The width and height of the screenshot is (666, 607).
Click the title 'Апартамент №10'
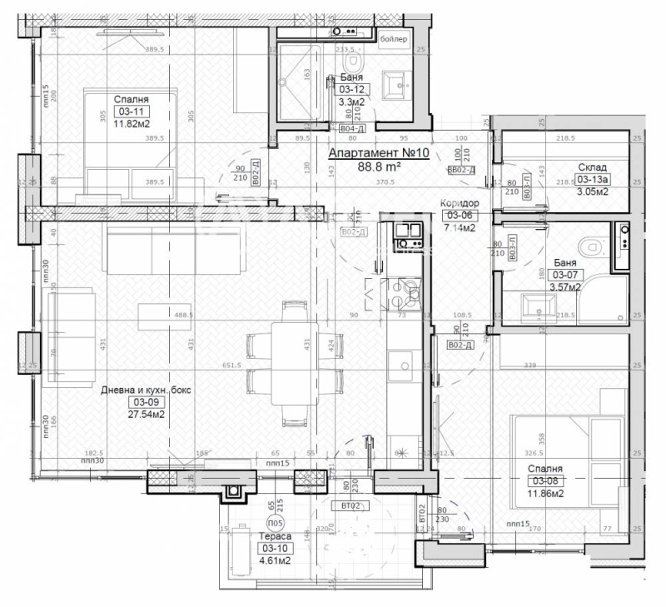[378, 153]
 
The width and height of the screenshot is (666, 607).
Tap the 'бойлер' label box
[395, 39]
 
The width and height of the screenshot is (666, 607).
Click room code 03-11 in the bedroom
[134, 111]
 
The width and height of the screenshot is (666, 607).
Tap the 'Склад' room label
[593, 167]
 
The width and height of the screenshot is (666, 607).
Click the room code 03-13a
[593, 178]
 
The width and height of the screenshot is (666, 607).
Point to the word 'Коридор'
[458, 203]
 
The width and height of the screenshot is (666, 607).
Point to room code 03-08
[544, 480]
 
